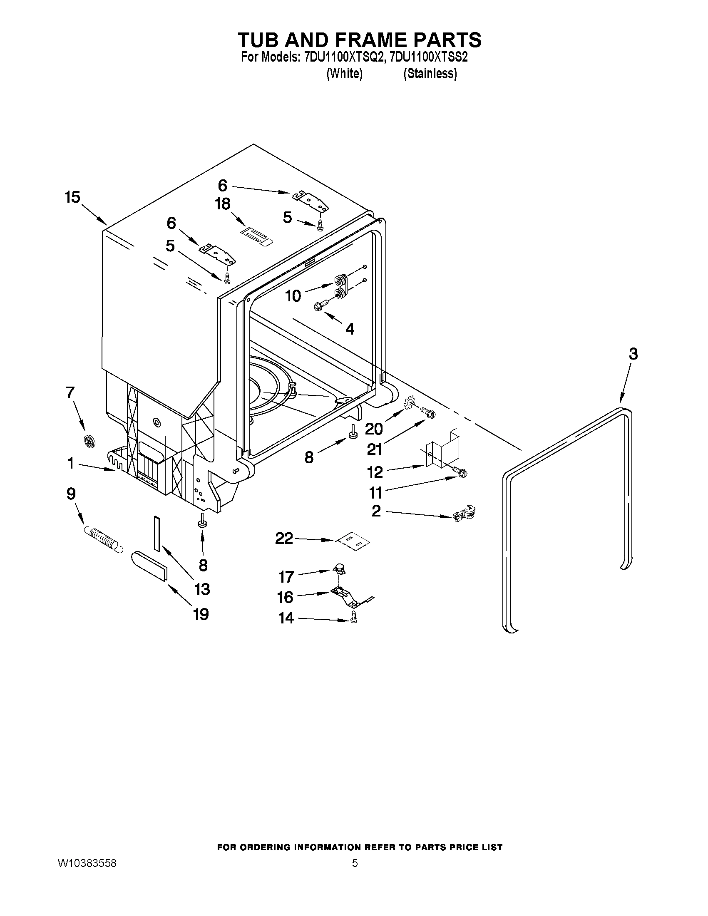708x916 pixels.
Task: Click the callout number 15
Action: pos(72,197)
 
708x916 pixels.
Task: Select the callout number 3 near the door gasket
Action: pos(633,354)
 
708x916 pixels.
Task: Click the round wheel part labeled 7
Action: pos(89,442)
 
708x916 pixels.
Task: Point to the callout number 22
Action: pos(284,538)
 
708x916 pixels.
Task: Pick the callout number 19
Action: pos(201,614)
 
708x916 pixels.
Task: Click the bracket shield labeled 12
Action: pos(442,451)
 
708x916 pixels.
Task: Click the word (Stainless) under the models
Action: pos(430,74)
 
